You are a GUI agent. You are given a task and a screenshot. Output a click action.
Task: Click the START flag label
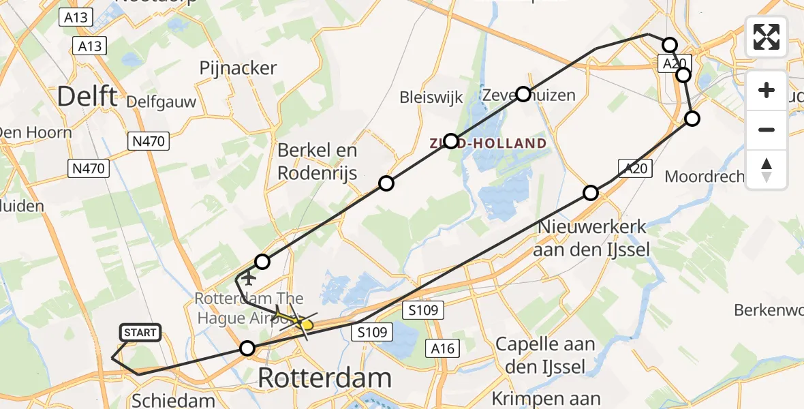pyautogui.click(x=141, y=333)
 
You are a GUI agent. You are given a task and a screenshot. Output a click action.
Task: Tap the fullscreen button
pyautogui.click(x=767, y=37)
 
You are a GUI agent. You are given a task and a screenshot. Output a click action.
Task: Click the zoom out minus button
pyautogui.click(x=767, y=130)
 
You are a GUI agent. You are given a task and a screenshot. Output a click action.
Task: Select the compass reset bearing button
pyautogui.click(x=767, y=169)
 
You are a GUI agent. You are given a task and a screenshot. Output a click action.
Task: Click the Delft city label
pyautogui.click(x=87, y=97)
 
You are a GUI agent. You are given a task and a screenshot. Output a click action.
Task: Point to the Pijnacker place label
pyautogui.click(x=238, y=68)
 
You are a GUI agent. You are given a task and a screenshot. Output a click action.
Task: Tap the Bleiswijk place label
pyautogui.click(x=431, y=95)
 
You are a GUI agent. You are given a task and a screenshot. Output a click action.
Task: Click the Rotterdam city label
pyautogui.click(x=325, y=378)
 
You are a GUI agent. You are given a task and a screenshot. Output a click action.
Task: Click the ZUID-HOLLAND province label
pyautogui.click(x=487, y=143)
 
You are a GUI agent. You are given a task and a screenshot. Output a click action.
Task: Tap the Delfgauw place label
pyautogui.click(x=161, y=103)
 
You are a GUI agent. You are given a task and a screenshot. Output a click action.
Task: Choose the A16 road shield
pyautogui.click(x=441, y=348)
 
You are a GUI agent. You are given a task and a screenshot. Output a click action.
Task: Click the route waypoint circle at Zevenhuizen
pyautogui.click(x=523, y=94)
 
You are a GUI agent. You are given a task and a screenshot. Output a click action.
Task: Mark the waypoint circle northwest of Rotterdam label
pyautogui.click(x=248, y=349)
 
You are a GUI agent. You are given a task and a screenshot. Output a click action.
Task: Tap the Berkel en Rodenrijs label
pyautogui.click(x=317, y=162)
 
